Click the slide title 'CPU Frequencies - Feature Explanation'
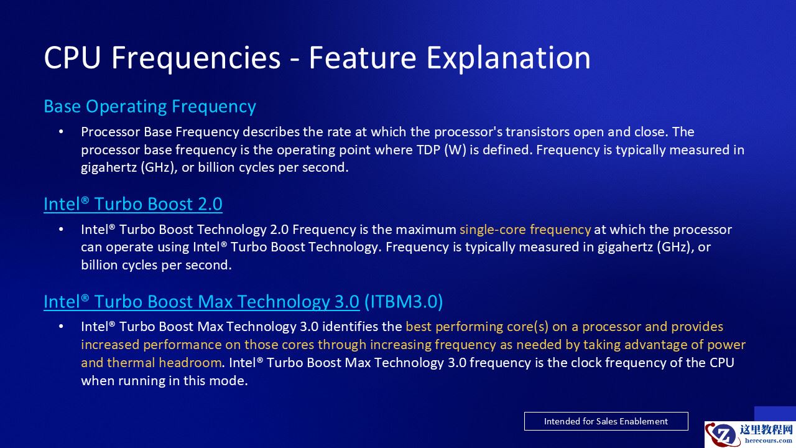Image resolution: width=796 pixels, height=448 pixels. tap(317, 58)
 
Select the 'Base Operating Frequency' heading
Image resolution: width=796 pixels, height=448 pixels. tap(150, 106)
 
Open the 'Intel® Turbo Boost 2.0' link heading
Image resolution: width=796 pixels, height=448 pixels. tap(133, 204)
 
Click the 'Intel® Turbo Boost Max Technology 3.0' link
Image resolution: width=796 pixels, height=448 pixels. tap(201, 302)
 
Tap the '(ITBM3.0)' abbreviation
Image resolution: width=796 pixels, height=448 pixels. tap(404, 302)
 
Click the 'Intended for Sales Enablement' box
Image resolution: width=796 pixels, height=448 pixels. tap(606, 421)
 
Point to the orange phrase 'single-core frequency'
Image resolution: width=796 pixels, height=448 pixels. tap(525, 230)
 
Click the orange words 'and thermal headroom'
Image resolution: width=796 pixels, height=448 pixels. tap(151, 363)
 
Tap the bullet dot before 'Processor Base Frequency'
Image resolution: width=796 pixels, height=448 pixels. tap(61, 132)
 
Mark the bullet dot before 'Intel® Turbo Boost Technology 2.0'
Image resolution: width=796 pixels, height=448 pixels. tap(61, 230)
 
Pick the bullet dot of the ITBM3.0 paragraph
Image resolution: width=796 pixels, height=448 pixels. tap(61, 327)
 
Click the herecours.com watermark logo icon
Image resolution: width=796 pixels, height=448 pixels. tap(721, 434)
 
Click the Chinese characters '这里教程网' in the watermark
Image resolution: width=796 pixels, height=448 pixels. tap(766, 429)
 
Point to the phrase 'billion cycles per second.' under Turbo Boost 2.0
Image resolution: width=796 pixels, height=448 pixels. tap(156, 265)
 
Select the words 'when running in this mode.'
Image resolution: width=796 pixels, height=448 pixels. tap(165, 381)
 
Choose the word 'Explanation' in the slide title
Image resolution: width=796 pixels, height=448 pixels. tap(509, 58)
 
